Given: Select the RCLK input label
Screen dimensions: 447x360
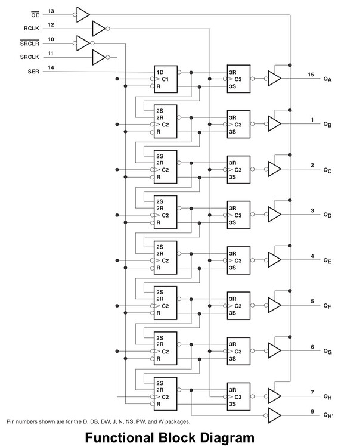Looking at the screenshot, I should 32,28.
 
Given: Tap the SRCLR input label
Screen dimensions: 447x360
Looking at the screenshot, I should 30,43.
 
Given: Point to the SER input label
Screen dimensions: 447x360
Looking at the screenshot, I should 34,72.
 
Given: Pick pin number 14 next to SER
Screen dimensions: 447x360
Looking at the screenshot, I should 51,68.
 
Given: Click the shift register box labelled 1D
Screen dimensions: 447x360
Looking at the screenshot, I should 166,79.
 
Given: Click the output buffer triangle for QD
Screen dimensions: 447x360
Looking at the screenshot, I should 274,215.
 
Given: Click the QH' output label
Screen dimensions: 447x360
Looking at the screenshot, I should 328,415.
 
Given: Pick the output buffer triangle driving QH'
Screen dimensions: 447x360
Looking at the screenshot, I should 274,415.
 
